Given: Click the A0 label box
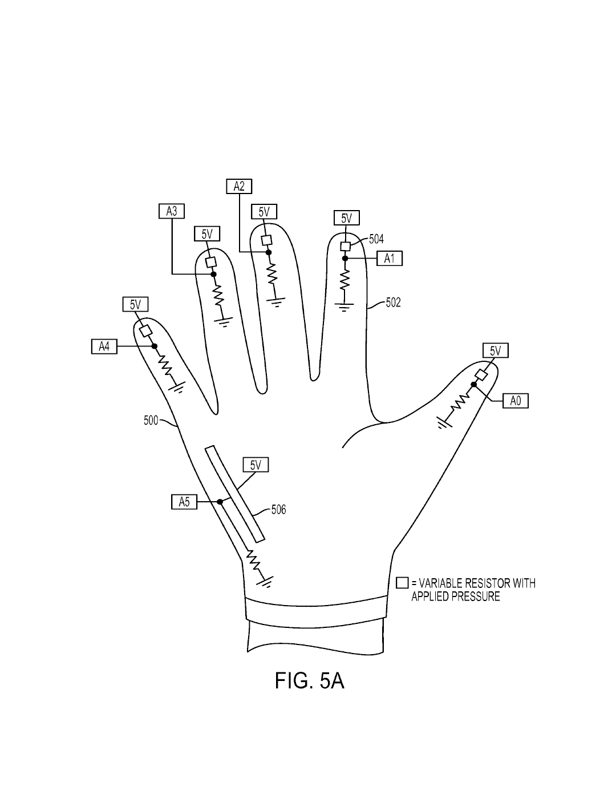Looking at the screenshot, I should click(516, 401).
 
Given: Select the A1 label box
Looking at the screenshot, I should click(390, 259).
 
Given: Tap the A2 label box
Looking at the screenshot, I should click(239, 186).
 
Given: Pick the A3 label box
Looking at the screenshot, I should click(171, 211).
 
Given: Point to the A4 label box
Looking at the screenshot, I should click(104, 346).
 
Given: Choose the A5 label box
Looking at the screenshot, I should click(184, 502).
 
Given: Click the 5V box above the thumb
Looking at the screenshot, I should click(495, 350).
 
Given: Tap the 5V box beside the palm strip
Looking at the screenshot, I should click(256, 465).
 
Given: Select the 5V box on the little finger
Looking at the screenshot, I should click(135, 304).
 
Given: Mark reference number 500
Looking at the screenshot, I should click(151, 421).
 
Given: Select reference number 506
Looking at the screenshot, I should click(278, 509).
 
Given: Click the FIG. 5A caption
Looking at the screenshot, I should click(309, 680).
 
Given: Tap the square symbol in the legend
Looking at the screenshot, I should click(402, 583).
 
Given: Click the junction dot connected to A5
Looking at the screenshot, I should click(220, 502).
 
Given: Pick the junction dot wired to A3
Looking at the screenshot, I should click(214, 275).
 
